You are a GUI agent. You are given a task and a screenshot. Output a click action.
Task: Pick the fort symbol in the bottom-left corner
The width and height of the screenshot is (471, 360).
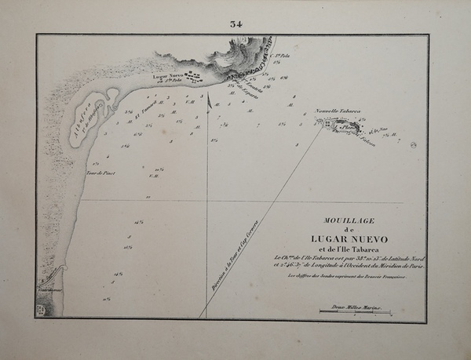(41, 311)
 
